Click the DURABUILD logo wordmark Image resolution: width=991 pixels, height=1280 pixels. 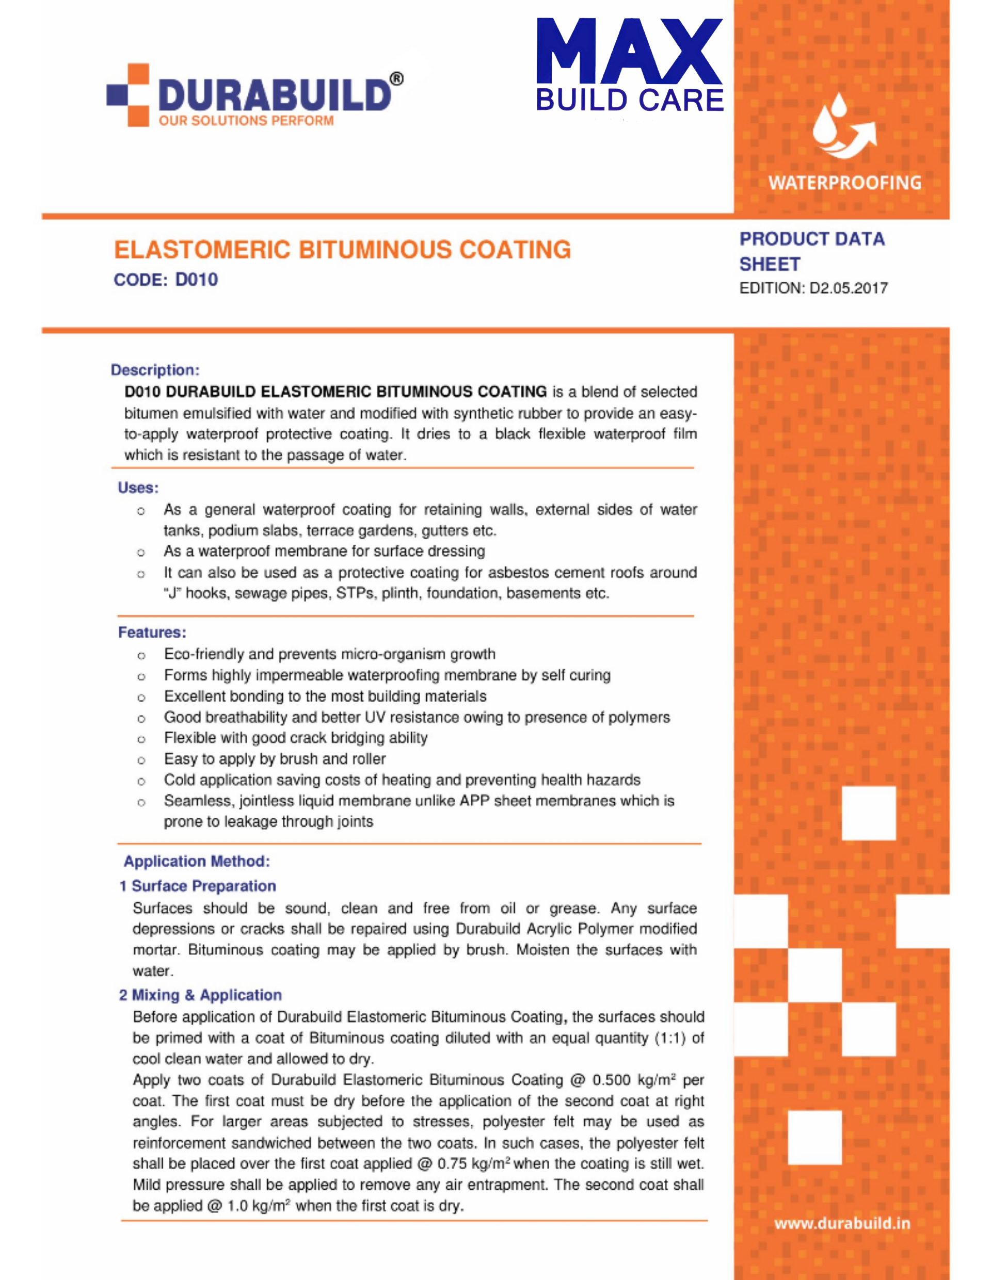[x=275, y=95]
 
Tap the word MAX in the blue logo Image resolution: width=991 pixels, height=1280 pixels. [x=629, y=52]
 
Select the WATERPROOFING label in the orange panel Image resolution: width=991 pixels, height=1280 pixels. [x=844, y=183]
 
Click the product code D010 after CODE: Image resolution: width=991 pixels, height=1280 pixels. [x=197, y=280]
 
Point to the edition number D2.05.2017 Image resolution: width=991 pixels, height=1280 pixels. [x=849, y=288]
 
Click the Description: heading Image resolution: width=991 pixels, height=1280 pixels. [x=155, y=370]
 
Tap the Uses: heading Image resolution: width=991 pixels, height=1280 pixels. [x=138, y=488]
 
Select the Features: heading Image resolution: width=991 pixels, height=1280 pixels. [x=152, y=633]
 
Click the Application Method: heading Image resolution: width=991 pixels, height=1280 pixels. [x=197, y=861]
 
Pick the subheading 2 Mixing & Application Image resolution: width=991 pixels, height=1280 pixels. [x=201, y=995]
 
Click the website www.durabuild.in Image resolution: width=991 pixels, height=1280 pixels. [x=842, y=1223]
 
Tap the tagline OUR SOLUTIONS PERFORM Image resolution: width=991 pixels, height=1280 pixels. [x=246, y=121]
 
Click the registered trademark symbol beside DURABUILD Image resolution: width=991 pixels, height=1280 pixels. [x=396, y=79]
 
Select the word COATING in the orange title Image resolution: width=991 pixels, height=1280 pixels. [x=515, y=250]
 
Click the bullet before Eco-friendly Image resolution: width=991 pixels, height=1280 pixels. [x=141, y=655]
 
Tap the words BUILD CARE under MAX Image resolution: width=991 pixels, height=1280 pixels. [x=629, y=100]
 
